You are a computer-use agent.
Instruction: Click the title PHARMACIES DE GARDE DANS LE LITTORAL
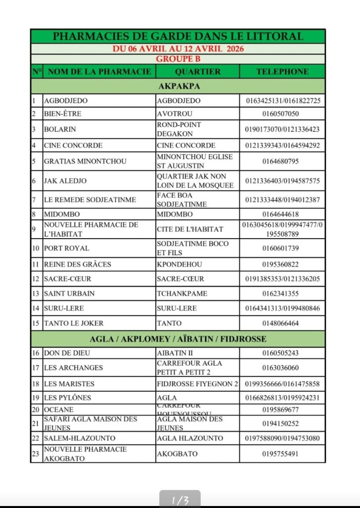[x=178, y=36]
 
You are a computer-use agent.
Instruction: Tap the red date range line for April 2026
[x=178, y=49]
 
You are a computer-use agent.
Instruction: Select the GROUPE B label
[x=178, y=59]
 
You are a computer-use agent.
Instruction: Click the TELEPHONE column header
[x=282, y=71]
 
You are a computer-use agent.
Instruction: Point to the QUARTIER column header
[x=197, y=71]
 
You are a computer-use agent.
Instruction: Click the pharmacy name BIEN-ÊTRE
[x=63, y=114]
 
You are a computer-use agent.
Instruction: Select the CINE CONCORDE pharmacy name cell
[x=73, y=145]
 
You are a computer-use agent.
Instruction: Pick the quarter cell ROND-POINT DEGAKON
[x=179, y=129]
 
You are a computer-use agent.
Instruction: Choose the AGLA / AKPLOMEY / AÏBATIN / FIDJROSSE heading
[x=178, y=339]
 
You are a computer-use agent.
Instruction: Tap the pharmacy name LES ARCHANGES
[x=73, y=368]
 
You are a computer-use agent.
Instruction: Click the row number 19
[x=36, y=397]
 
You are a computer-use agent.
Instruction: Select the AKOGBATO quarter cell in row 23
[x=177, y=454]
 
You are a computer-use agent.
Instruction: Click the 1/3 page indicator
[x=180, y=501]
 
